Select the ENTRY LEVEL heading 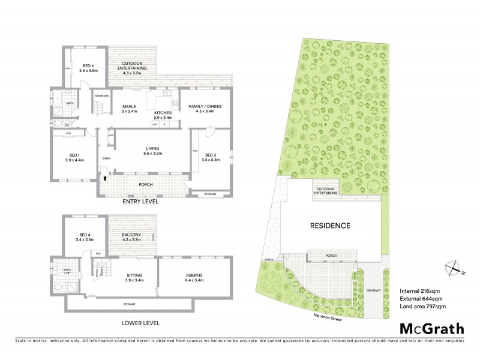140,202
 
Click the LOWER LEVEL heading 140,323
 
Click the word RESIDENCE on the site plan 329,226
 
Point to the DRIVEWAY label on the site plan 373,290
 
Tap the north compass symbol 454,268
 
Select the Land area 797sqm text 424,308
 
